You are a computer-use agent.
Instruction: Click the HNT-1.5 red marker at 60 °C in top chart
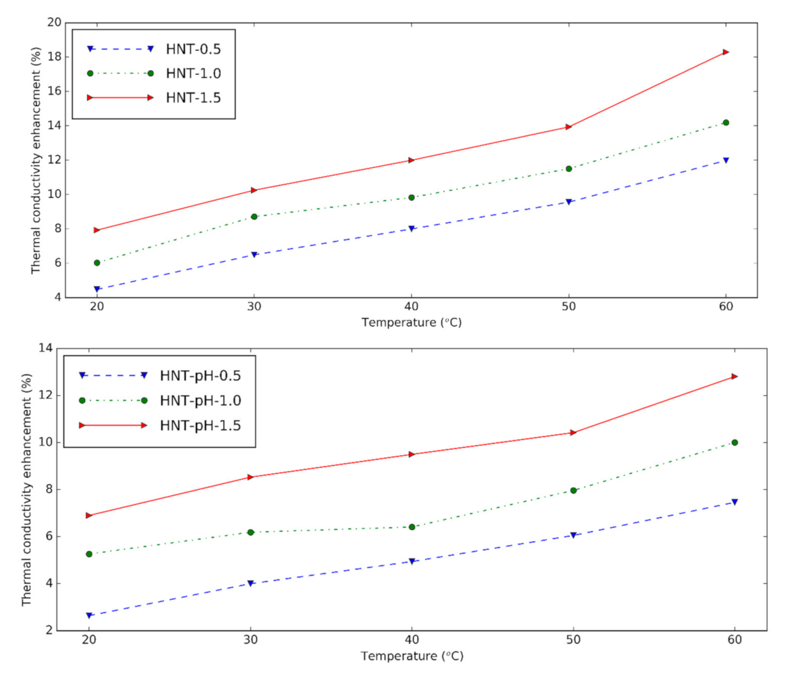pyautogui.click(x=726, y=52)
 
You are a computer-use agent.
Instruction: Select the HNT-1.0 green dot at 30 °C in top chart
pyautogui.click(x=254, y=216)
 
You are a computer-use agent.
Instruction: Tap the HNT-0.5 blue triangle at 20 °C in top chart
pyautogui.click(x=97, y=289)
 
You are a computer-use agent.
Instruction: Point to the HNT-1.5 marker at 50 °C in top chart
pyautogui.click(x=569, y=127)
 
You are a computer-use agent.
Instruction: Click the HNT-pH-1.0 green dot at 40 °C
pyautogui.click(x=412, y=527)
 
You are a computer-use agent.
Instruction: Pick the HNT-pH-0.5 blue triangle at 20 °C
pyautogui.click(x=89, y=615)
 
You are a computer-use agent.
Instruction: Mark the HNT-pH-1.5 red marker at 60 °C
pyautogui.click(x=735, y=376)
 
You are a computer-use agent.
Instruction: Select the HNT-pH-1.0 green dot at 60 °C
pyautogui.click(x=735, y=443)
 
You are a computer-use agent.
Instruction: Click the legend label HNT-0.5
pyautogui.click(x=193, y=49)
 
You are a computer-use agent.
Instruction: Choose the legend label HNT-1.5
pyautogui.click(x=193, y=98)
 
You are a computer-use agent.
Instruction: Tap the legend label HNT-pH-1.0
pyautogui.click(x=200, y=401)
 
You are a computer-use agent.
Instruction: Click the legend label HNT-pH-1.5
pyautogui.click(x=200, y=425)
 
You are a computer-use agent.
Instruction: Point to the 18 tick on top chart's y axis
pyautogui.click(x=54, y=57)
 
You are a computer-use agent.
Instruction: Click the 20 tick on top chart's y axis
pyautogui.click(x=54, y=22)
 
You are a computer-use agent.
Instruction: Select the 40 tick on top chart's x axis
pyautogui.click(x=411, y=306)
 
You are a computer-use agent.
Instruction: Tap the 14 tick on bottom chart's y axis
pyautogui.click(x=46, y=348)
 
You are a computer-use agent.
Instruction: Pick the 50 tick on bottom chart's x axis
pyautogui.click(x=573, y=640)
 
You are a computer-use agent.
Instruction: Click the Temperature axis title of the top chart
pyautogui.click(x=411, y=322)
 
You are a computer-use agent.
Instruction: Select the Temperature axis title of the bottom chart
pyautogui.click(x=412, y=656)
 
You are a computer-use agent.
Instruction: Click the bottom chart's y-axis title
pyautogui.click(x=26, y=489)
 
